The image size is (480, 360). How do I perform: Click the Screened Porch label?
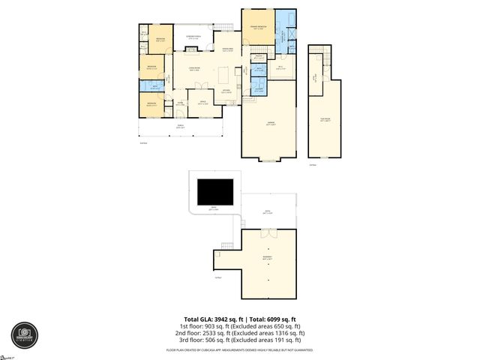pyautogui.click(x=193, y=37)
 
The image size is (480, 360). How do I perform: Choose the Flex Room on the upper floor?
pyautogui.click(x=325, y=120)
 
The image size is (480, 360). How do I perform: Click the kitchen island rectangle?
pyautogui.click(x=224, y=76)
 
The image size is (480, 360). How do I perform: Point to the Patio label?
pyautogui.click(x=268, y=214)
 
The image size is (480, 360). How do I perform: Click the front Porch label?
pyautogui.click(x=180, y=126)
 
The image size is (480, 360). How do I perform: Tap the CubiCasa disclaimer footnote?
pyautogui.click(x=240, y=350)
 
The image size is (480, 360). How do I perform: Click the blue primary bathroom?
pyautogui.click(x=286, y=34)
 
